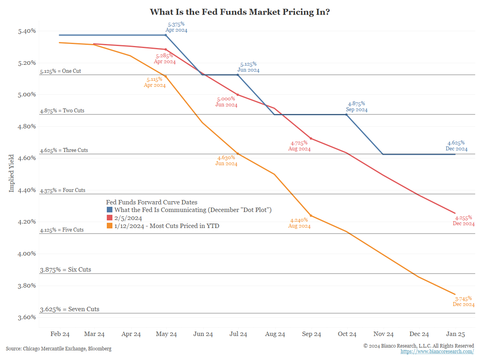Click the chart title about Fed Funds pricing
240,12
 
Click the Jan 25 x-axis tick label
455,334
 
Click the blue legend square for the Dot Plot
110,210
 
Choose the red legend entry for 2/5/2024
128,218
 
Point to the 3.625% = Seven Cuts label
70,309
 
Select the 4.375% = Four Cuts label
63,190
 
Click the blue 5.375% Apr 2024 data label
176,27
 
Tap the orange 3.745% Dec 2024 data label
464,301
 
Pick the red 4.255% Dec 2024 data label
464,221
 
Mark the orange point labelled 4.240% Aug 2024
311,216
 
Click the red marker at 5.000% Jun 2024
238,95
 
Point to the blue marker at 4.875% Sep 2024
346,115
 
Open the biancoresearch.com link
437,351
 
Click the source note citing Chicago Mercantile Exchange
59,349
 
